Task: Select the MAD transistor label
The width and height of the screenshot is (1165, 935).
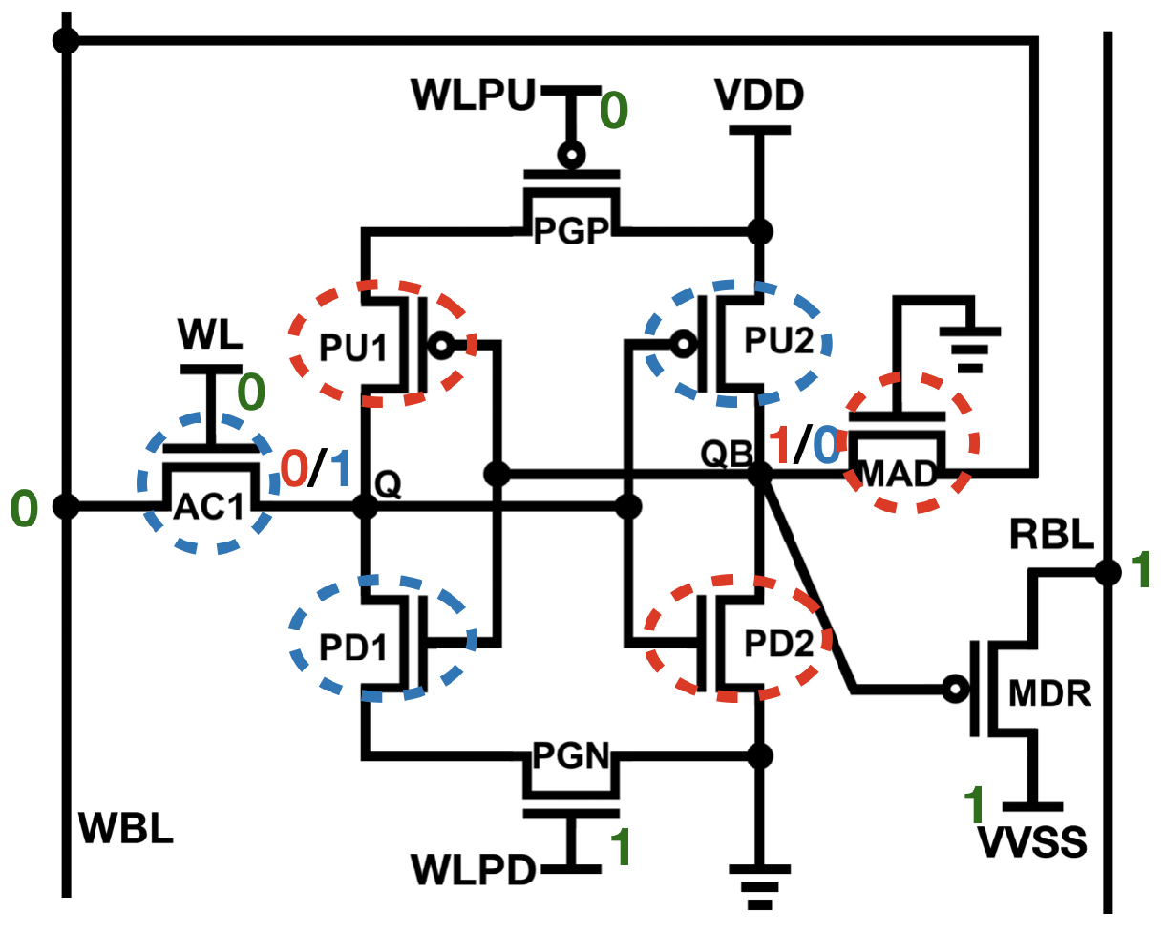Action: (x=899, y=474)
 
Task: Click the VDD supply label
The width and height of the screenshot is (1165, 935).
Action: (x=758, y=96)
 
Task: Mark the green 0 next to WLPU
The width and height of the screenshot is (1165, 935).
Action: (x=613, y=111)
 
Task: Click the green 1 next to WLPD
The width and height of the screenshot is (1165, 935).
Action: (x=622, y=845)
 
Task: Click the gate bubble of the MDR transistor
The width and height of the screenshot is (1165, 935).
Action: (x=951, y=688)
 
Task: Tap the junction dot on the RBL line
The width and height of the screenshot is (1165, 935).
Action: (x=1108, y=572)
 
